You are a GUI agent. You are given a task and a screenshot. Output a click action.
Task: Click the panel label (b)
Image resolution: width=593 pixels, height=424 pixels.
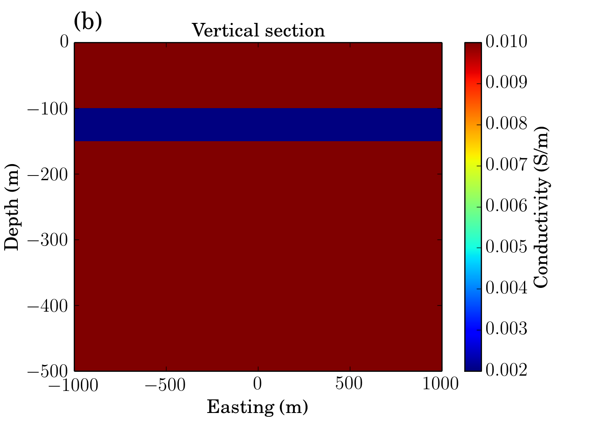88,22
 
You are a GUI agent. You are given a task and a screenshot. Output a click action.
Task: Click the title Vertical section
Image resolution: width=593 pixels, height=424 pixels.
258,30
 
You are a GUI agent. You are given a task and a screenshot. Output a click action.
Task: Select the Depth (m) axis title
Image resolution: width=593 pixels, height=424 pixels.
12,207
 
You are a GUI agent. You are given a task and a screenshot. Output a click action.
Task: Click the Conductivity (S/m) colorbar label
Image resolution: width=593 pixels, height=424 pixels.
541,207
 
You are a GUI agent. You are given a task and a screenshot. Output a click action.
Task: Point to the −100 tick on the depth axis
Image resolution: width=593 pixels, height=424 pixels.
47,109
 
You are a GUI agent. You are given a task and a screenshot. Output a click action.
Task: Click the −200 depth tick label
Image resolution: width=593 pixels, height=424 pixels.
47,175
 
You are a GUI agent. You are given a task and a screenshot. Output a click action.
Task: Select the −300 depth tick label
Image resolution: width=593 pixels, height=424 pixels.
47,240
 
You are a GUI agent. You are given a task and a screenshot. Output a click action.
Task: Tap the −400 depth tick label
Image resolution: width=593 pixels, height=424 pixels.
47,306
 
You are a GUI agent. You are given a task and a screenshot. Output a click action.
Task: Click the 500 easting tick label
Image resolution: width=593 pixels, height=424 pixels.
349,383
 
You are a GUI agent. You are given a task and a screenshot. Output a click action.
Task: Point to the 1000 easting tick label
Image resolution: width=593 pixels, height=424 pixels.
441,383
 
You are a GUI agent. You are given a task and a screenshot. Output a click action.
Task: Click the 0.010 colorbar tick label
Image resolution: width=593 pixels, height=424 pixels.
507,42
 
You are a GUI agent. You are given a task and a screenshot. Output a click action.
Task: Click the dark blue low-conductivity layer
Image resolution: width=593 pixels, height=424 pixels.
258,125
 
